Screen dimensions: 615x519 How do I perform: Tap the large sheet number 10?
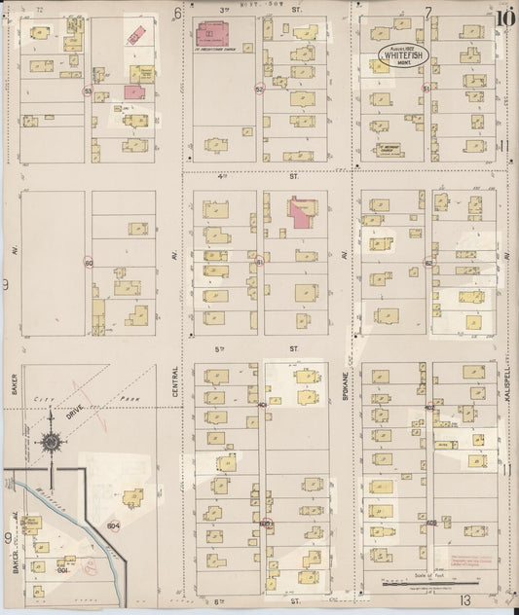coord(504,17)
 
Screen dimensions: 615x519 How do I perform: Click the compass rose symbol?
coord(52,443)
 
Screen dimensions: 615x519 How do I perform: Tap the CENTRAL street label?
coord(175,380)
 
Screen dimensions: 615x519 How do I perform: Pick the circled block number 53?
coord(88,91)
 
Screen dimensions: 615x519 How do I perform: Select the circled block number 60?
coord(88,264)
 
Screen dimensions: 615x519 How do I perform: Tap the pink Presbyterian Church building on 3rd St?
coord(223,33)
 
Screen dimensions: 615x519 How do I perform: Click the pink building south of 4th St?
coord(303,211)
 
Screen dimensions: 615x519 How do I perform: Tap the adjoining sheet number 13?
coord(466,600)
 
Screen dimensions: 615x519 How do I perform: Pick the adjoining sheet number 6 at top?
coord(177,13)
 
